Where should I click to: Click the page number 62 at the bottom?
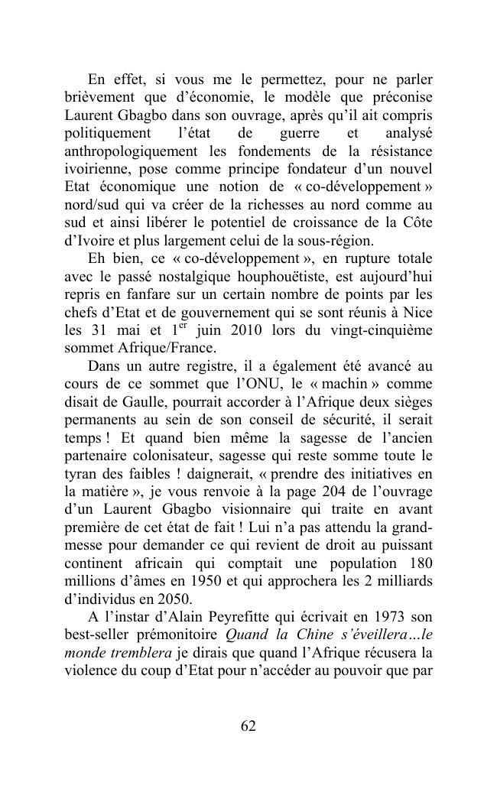248,726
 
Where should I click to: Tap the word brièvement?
98,98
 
